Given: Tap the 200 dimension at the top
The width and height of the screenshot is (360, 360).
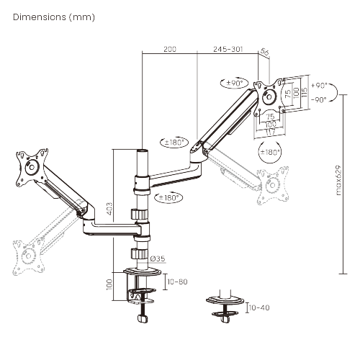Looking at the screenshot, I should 170,49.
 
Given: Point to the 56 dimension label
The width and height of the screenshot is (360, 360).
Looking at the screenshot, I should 264,52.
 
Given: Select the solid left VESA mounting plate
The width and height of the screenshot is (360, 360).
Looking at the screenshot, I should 32,167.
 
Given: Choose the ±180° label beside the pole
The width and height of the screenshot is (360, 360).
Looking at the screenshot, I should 168,197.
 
